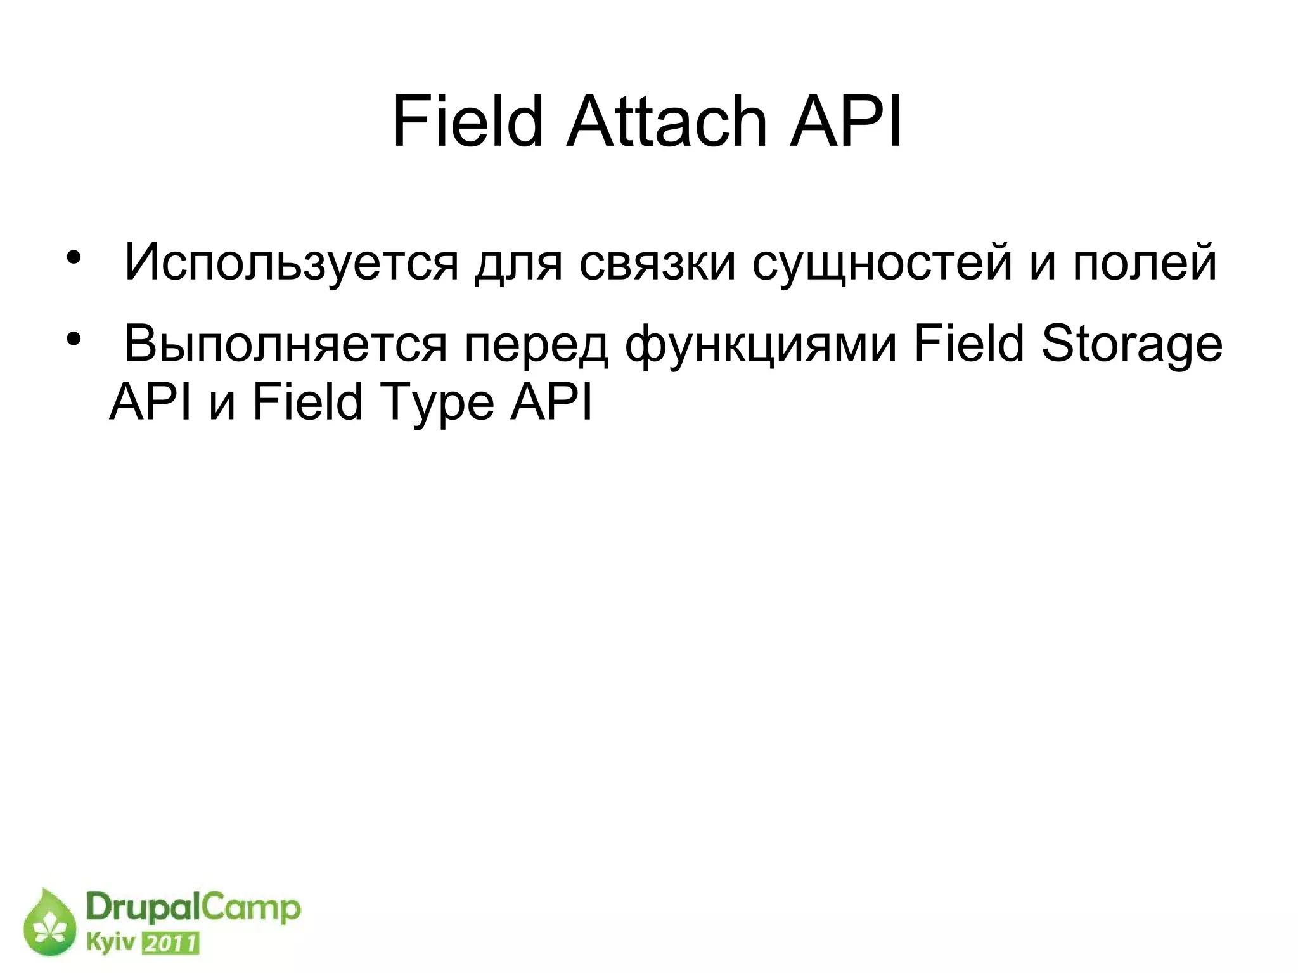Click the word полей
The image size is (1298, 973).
tap(1145, 262)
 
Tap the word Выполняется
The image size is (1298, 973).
tap(285, 344)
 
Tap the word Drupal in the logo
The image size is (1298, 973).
tap(143, 909)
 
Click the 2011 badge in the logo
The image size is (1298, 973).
tap(169, 943)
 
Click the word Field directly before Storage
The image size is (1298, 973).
tap(968, 344)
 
